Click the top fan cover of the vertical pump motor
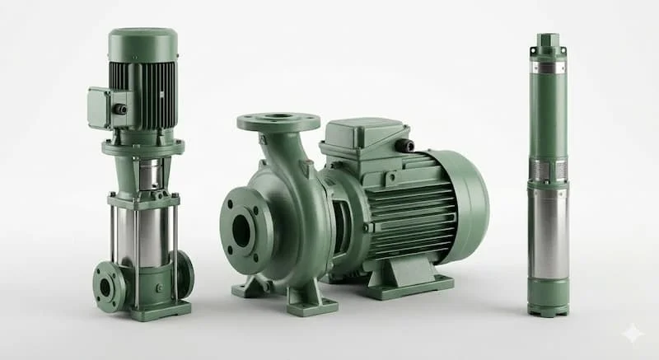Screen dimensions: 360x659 tap(143, 43)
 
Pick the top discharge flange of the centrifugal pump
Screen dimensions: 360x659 tap(278, 122)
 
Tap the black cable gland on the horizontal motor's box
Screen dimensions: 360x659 tap(404, 146)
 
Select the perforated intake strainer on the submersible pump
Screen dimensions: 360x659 tap(548, 170)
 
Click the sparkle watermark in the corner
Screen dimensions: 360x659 tap(633, 334)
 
